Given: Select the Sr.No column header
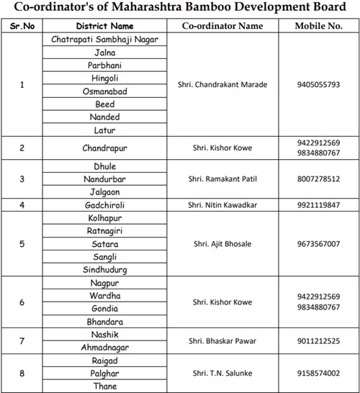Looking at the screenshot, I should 22,26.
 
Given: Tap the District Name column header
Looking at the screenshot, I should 106,26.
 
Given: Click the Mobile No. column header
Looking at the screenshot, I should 318,26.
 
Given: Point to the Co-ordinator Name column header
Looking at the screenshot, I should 222,26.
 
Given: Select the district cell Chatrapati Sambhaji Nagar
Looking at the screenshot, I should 106,39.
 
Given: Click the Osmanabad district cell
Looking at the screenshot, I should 106,91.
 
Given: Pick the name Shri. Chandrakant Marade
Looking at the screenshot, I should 222,84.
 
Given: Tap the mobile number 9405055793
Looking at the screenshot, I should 318,84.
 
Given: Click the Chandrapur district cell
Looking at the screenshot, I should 106,148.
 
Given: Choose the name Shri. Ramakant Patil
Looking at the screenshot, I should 222,179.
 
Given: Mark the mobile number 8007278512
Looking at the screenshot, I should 318,179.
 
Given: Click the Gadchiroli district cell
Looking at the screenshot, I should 106,204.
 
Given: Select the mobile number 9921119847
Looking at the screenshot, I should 318,204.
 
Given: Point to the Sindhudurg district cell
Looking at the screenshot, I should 106,269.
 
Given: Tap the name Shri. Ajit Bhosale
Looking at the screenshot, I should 222,243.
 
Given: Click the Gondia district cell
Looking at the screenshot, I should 106,308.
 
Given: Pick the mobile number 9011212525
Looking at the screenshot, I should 318,340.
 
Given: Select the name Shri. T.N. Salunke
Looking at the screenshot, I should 222,373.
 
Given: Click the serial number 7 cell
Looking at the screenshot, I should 22,340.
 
